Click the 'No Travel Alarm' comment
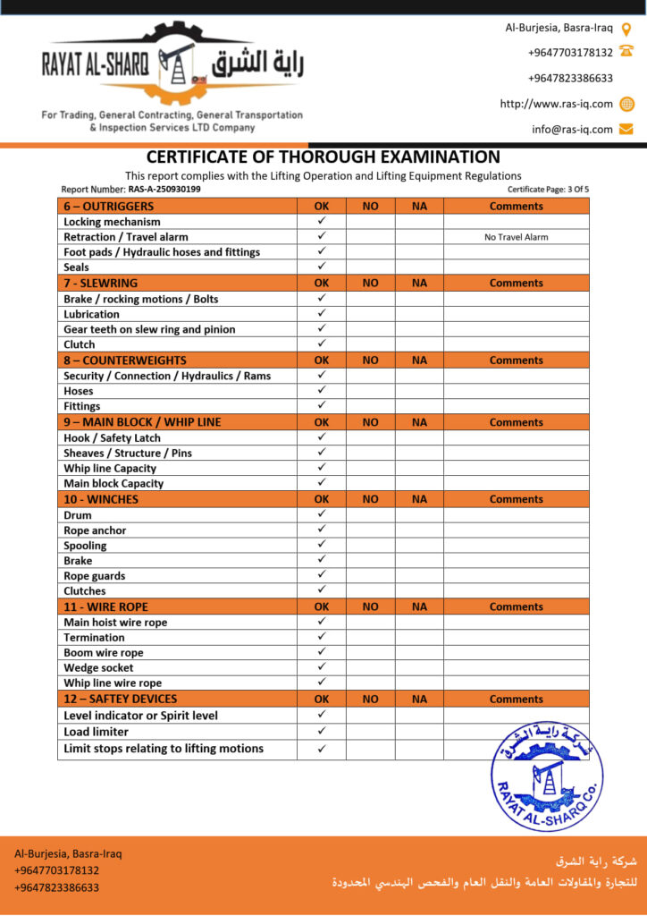pyautogui.click(x=516, y=237)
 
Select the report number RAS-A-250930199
pyautogui.click(x=158, y=190)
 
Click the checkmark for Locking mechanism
pyautogui.click(x=322, y=221)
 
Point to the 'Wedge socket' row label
pyautogui.click(x=98, y=667)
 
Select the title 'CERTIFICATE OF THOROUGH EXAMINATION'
pyautogui.click(x=323, y=157)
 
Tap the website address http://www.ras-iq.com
pyautogui.click(x=556, y=104)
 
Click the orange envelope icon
pyautogui.click(x=626, y=129)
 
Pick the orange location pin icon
pyautogui.click(x=626, y=28)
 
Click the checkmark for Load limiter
pyautogui.click(x=322, y=732)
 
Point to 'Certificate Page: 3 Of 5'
pyautogui.click(x=548, y=190)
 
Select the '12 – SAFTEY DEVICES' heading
pyautogui.click(x=121, y=699)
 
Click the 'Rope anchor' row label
pyautogui.click(x=95, y=530)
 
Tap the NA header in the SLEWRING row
pyautogui.click(x=419, y=283)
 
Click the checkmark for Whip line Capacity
pyautogui.click(x=322, y=468)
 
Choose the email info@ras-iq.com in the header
pyautogui.click(x=572, y=129)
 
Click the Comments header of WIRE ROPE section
pyautogui.click(x=516, y=606)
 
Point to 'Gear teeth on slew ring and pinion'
pyautogui.click(x=149, y=329)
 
